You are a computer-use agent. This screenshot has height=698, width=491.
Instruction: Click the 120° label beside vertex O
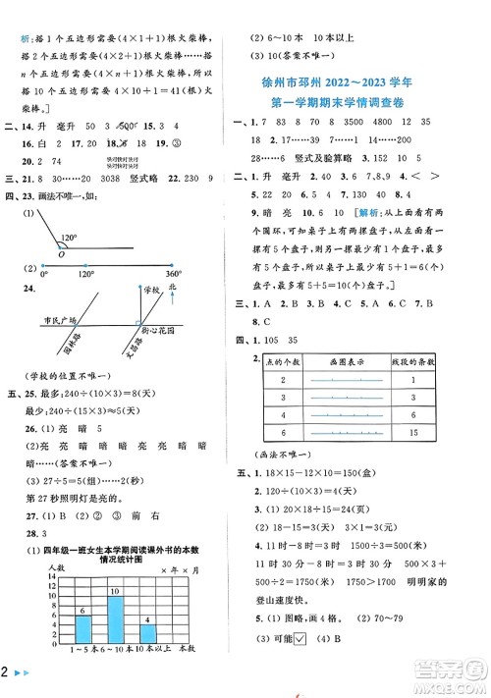coord(95,238)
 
